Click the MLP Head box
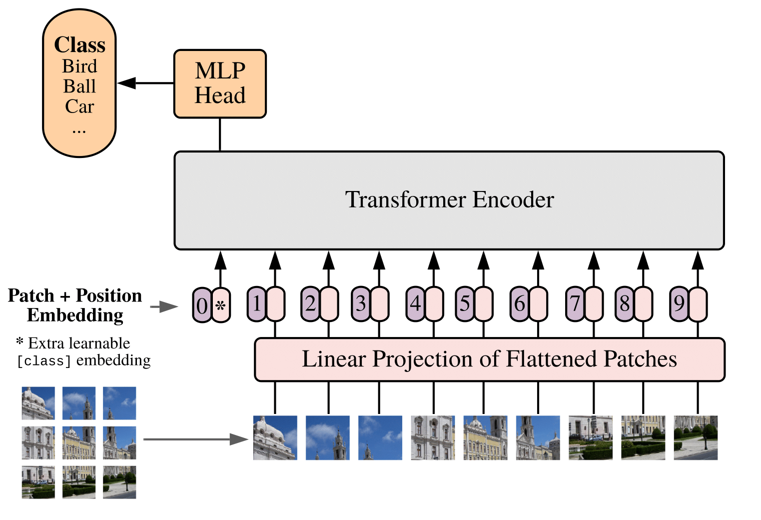click(x=220, y=83)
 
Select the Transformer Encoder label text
click(x=449, y=199)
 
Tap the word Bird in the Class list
click(x=79, y=66)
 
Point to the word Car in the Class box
click(x=79, y=106)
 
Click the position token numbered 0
click(x=202, y=305)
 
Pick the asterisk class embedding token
click(x=221, y=305)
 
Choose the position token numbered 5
click(x=465, y=303)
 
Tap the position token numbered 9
click(x=679, y=303)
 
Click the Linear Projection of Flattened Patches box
click(x=489, y=359)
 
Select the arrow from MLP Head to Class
click(x=145, y=83)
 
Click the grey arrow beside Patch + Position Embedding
click(x=164, y=306)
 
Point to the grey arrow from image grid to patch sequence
click(x=195, y=439)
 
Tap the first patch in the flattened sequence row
click(x=275, y=437)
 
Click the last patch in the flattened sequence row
click(x=696, y=437)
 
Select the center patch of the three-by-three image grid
click(x=79, y=442)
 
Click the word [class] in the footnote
click(x=44, y=361)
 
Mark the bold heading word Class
click(x=79, y=45)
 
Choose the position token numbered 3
click(x=360, y=303)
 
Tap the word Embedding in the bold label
click(x=75, y=315)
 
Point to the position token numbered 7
click(x=575, y=303)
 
